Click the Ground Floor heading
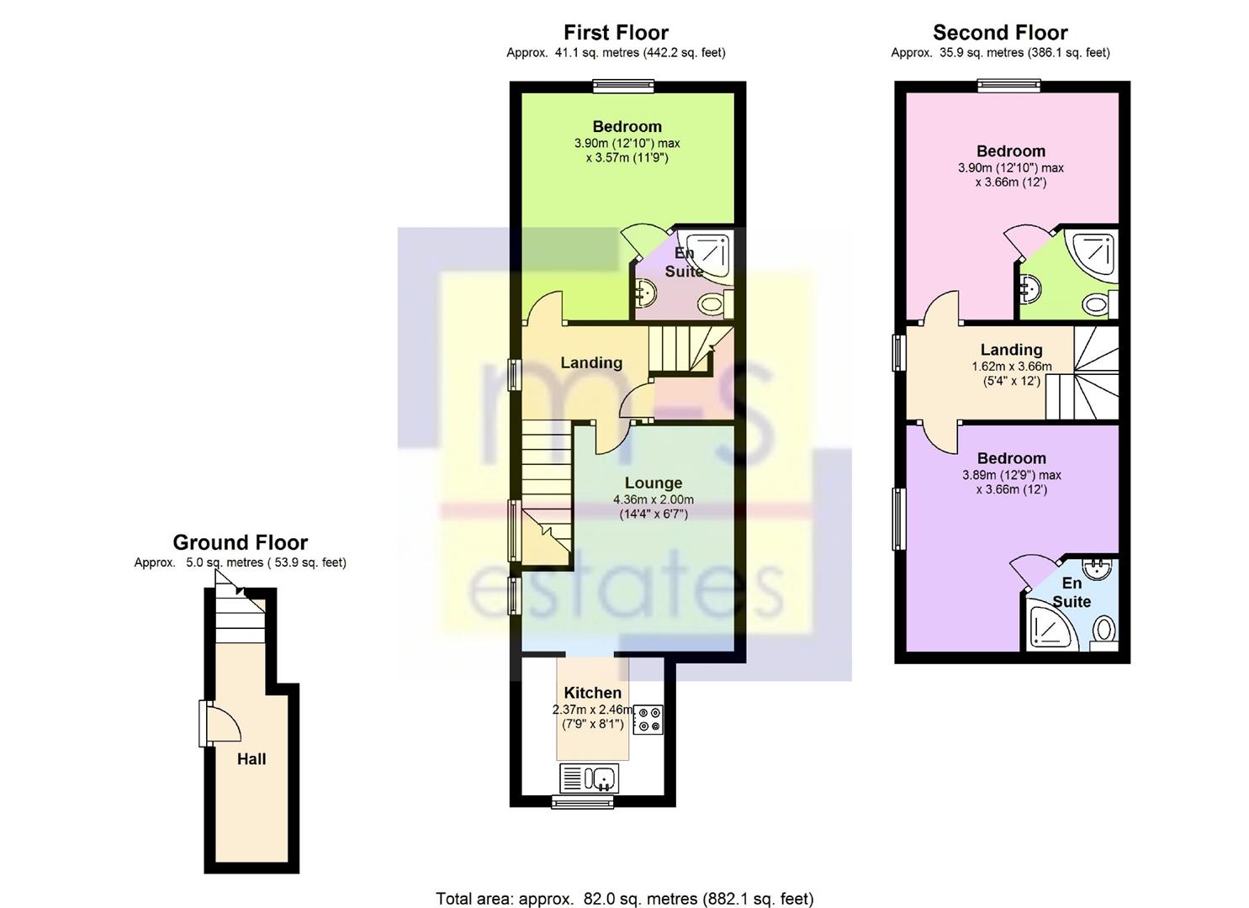[241, 543]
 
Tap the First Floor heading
[617, 33]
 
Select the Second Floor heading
[1000, 33]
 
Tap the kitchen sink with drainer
[589, 779]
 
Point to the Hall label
[251, 759]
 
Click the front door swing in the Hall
[224, 723]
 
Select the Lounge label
[653, 483]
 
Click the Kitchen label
[592, 693]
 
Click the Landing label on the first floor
[591, 363]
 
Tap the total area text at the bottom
[624, 884]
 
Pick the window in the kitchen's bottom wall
[583, 801]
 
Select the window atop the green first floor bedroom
[623, 86]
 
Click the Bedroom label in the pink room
[1011, 151]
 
